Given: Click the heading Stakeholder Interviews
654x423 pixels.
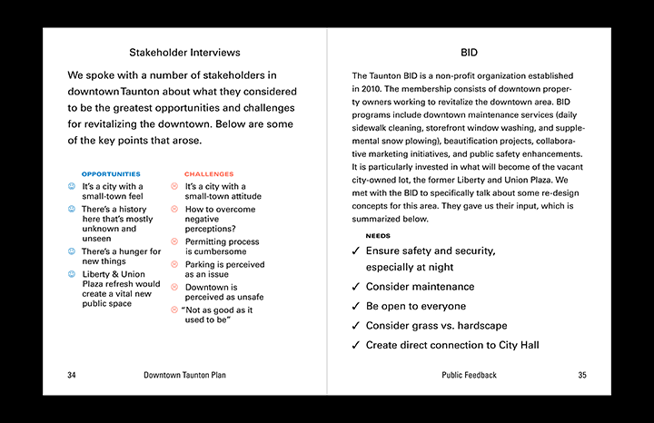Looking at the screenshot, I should tap(184, 53).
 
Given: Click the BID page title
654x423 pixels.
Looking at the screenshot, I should tap(469, 53).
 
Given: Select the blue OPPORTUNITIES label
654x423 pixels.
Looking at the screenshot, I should tap(111, 173).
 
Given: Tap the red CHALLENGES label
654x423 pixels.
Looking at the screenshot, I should tap(209, 173).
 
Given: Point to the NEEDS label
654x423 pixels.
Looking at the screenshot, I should tap(378, 236).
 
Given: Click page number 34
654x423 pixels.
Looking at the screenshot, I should tap(72, 375).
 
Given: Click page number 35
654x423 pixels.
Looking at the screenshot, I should tap(582, 375).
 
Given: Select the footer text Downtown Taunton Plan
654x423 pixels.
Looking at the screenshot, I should tap(184, 375).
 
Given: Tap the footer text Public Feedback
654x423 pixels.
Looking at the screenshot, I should tap(469, 375).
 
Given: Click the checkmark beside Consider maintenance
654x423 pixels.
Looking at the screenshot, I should tap(355, 287).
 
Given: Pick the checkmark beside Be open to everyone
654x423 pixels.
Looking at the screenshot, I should tap(355, 307).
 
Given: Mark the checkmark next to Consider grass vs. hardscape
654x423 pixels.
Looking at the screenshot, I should tap(355, 326).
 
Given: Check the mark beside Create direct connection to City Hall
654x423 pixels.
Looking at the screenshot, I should tap(355, 346).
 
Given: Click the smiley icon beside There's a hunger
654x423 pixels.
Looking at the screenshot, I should tap(72, 251).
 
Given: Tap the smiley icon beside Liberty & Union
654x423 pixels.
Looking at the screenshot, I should tap(72, 274).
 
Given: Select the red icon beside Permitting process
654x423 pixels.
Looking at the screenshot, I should tap(174, 242).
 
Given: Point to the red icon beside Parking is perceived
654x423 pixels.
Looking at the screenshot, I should tap(174, 265).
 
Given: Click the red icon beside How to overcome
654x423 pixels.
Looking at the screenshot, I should tap(174, 210).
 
